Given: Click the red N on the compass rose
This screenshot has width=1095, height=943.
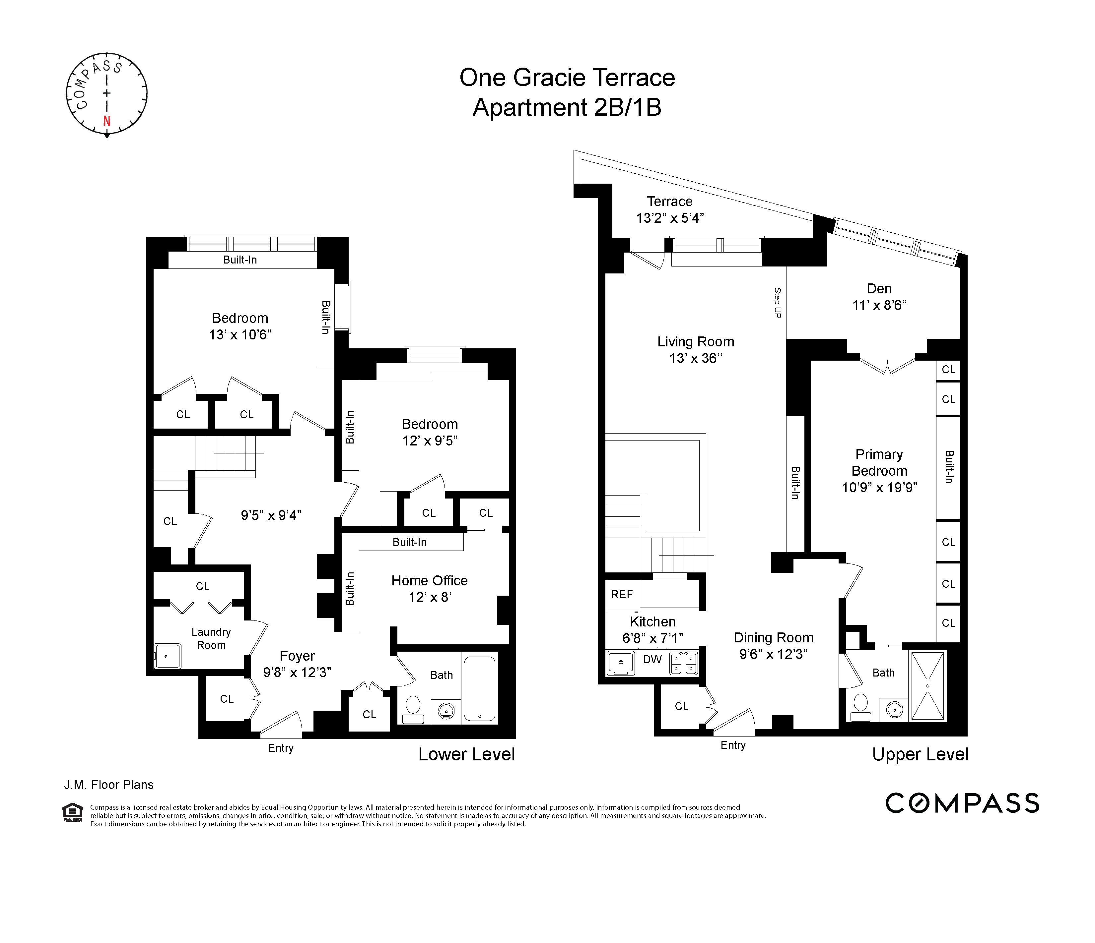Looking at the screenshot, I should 107,121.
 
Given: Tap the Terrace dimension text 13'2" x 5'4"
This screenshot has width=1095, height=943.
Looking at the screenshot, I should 670,218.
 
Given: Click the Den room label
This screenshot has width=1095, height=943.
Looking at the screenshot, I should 879,288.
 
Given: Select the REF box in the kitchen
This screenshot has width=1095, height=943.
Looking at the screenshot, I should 622,595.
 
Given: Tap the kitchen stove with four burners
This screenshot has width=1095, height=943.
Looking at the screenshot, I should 684,663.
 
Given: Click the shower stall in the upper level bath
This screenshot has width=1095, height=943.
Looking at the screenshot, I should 927,686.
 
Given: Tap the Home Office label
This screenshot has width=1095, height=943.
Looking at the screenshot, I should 429,580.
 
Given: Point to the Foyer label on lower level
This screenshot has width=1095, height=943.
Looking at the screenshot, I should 297,655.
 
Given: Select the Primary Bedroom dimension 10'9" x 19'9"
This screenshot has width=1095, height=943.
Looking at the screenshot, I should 879,487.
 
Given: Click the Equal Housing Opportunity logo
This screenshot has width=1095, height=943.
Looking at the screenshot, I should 72,813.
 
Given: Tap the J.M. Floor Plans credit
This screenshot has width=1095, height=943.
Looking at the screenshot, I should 109,785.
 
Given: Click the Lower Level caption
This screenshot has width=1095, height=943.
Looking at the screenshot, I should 466,754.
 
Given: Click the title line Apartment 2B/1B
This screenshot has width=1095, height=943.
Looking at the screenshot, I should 567,108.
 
